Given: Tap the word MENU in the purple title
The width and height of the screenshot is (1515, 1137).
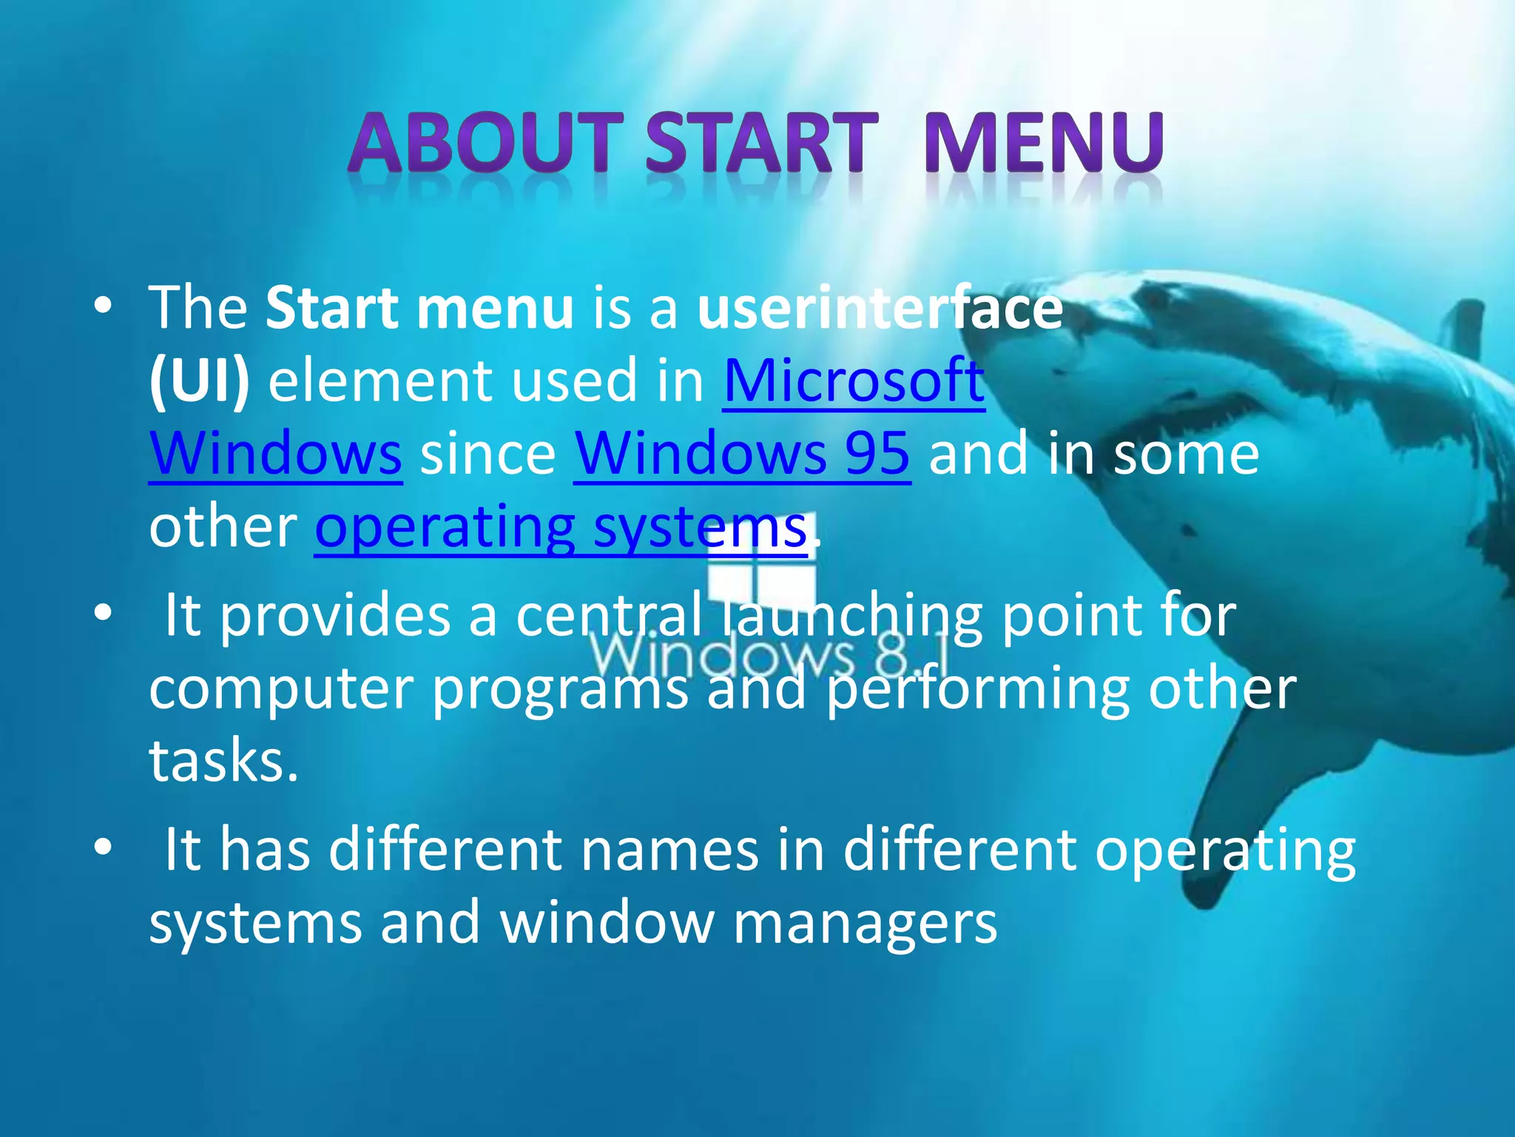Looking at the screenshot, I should tap(1043, 142).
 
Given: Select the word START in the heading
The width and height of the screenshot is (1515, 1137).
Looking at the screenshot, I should tap(762, 142).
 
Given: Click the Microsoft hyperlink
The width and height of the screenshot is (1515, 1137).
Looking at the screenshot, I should tap(854, 380).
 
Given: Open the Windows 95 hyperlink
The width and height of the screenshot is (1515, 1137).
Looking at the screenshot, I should tap(742, 453).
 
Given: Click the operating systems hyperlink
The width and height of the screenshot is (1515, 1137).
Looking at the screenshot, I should tap(561, 526).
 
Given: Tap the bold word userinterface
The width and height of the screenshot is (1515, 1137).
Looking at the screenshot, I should tap(880, 307).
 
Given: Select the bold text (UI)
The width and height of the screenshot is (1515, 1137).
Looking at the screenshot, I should tap(199, 380).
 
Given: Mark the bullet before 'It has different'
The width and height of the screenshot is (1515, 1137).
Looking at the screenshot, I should tap(103, 847).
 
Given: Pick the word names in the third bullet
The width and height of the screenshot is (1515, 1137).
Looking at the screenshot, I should tap(669, 849).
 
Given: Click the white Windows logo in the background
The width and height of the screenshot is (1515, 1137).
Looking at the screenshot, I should tap(761, 577).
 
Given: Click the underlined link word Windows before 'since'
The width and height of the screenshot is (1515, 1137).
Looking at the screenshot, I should tap(275, 453).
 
